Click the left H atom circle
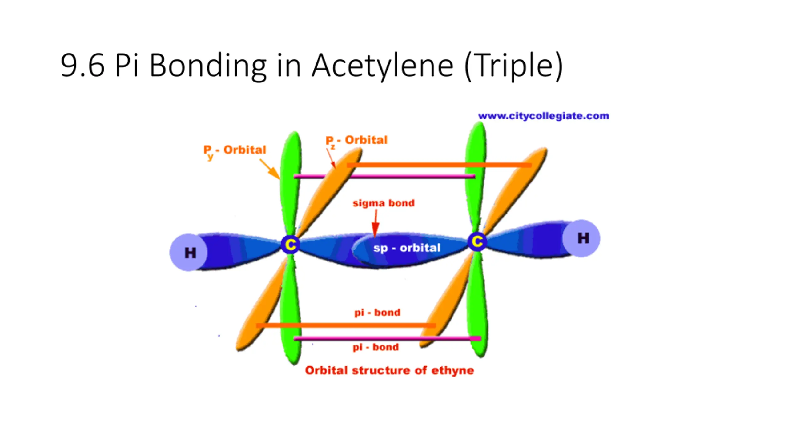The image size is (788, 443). point(188,252)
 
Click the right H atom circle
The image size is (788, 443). point(581,238)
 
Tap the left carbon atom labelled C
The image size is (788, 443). point(290,245)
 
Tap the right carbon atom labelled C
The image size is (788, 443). point(477,241)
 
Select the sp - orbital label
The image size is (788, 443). point(407,248)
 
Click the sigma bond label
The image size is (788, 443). point(384,203)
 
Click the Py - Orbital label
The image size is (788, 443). point(235,150)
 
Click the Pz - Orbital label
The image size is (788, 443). point(356,140)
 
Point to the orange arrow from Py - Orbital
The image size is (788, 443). point(270,169)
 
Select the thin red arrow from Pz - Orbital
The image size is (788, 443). point(331,158)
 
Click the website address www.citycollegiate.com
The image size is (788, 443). point(543,116)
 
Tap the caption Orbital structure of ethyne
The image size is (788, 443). point(389,370)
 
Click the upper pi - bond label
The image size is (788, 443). point(377,313)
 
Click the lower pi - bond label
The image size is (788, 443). point(376,347)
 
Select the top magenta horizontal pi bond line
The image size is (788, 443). point(384,177)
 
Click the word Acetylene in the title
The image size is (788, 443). point(383,66)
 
